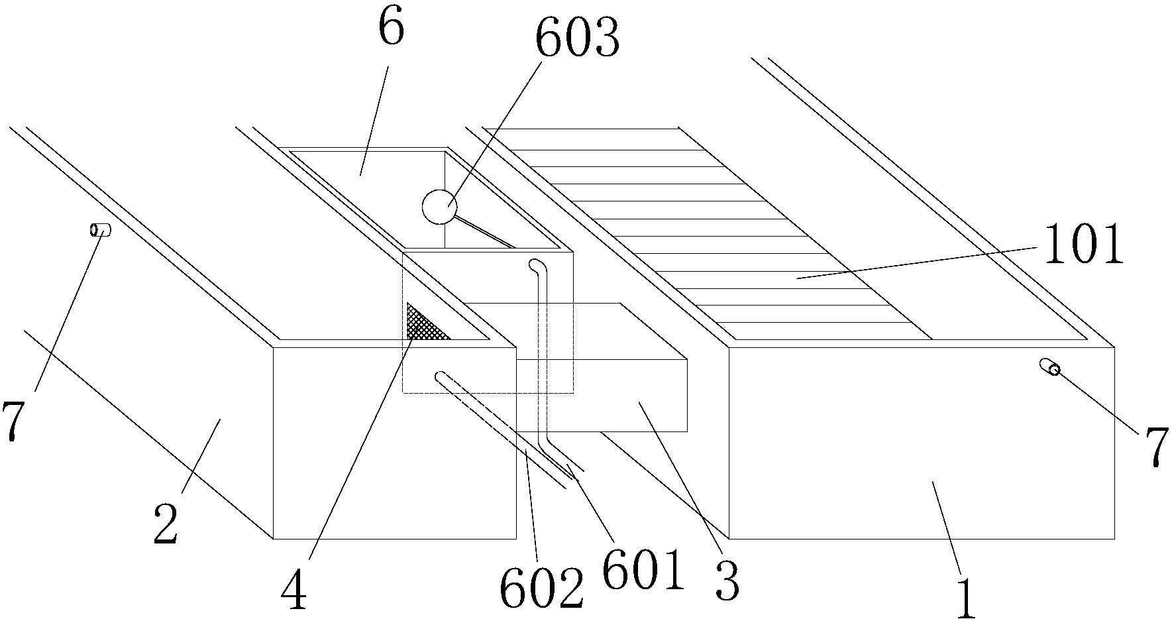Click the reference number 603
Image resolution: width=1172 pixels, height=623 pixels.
tap(577, 39)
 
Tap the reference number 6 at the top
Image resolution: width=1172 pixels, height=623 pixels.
tap(391, 29)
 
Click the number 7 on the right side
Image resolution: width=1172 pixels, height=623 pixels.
tap(1154, 449)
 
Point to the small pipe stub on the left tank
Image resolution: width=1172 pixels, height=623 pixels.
tap(101, 230)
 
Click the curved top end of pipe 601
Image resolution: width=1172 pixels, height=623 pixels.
tap(535, 266)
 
